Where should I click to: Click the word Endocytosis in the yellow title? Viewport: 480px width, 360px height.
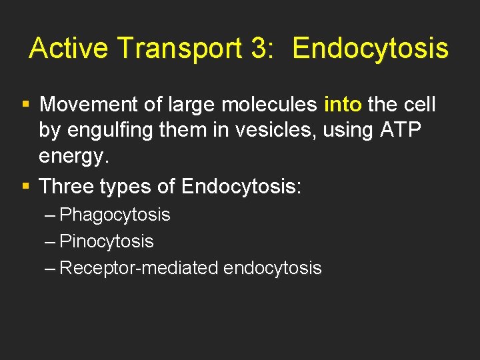[x=371, y=49]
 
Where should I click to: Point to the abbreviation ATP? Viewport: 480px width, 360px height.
[x=402, y=131]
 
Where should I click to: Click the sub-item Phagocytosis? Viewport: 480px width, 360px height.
[x=115, y=215]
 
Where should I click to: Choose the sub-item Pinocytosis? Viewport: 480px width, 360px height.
[x=107, y=241]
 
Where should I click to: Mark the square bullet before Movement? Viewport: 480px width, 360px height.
[x=26, y=105]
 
